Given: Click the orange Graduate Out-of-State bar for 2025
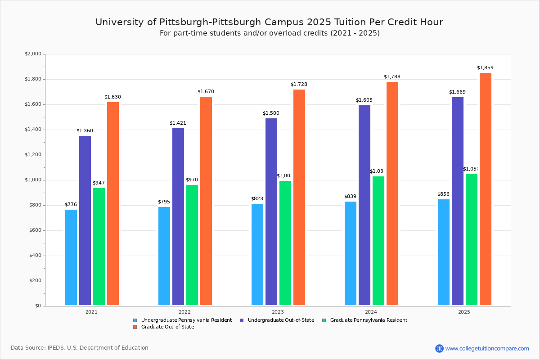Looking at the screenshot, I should click(485, 189).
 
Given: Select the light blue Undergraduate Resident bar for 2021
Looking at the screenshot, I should click(71, 257).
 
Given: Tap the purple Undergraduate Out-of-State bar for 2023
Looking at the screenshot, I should click(271, 211).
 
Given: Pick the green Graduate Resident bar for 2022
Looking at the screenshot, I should click(192, 245).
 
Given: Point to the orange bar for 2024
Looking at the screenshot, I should click(392, 193).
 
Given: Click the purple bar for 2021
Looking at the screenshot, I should click(85, 220).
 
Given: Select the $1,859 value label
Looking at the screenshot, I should click(485, 68).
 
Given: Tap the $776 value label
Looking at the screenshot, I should click(71, 205).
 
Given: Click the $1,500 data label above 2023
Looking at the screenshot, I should click(271, 113).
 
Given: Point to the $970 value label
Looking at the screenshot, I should click(192, 180).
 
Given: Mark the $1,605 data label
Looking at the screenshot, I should click(364, 100).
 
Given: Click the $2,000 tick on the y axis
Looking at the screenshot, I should click(33, 54).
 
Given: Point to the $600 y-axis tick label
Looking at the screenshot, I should click(34, 230).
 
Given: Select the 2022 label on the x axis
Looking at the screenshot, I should click(184, 312).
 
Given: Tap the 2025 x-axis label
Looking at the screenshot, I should click(464, 312).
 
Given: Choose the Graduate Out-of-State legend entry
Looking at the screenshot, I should click(167, 327).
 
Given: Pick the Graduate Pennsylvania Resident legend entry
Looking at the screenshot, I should click(368, 320).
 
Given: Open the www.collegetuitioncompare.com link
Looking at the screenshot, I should click(487, 348).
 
